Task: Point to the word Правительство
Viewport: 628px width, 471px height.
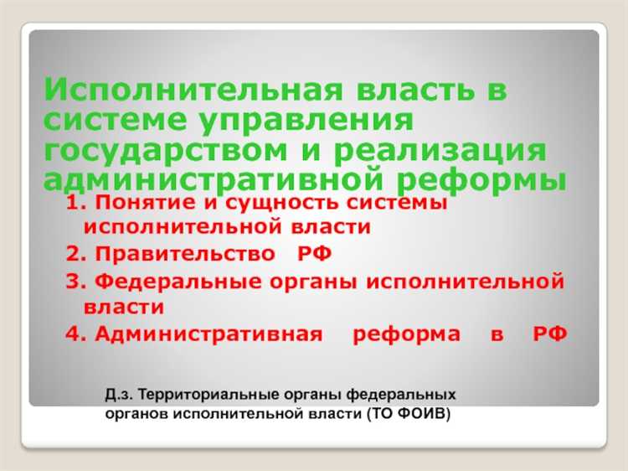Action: pyautogui.click(x=184, y=254)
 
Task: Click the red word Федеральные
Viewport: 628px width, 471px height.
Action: pyautogui.click(x=176, y=281)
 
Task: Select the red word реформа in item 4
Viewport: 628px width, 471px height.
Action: pyautogui.click(x=406, y=334)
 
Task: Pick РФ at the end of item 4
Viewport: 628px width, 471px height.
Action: pyautogui.click(x=549, y=334)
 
